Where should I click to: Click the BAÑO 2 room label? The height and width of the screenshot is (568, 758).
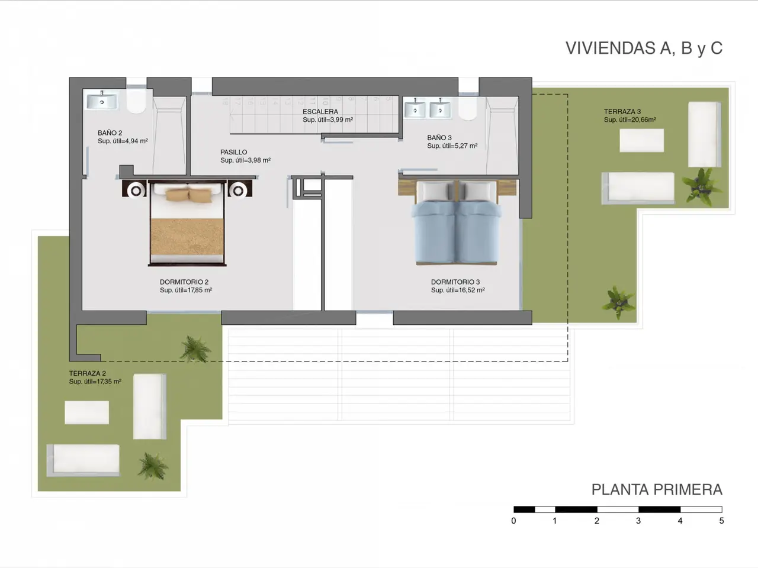coord(110,133)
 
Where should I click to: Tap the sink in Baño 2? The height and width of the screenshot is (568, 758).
coord(102,102)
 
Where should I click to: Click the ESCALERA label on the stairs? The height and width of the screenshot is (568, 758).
coord(320,111)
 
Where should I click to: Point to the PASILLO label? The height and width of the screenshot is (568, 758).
coord(234,152)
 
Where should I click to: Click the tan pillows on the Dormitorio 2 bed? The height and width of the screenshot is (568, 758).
coord(188,195)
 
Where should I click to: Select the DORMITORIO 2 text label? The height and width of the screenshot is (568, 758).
coord(184,282)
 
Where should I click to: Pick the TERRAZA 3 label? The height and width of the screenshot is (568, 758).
coord(622,111)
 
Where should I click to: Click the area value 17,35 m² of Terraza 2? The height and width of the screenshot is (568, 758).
coord(108,382)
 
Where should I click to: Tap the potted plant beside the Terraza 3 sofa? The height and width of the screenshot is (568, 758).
coord(701,187)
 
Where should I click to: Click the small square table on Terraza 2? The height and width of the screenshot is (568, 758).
coord(86,412)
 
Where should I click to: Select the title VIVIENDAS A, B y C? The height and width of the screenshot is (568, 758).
coord(644,49)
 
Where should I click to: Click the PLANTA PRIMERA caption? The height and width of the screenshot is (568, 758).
coord(657,490)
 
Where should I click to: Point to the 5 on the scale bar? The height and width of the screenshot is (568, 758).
coord(721,521)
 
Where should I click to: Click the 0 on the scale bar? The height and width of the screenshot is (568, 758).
coord(513,521)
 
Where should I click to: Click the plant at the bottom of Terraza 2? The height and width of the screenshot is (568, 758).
coord(152,466)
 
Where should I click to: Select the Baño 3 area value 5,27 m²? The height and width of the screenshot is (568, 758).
coord(465,146)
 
